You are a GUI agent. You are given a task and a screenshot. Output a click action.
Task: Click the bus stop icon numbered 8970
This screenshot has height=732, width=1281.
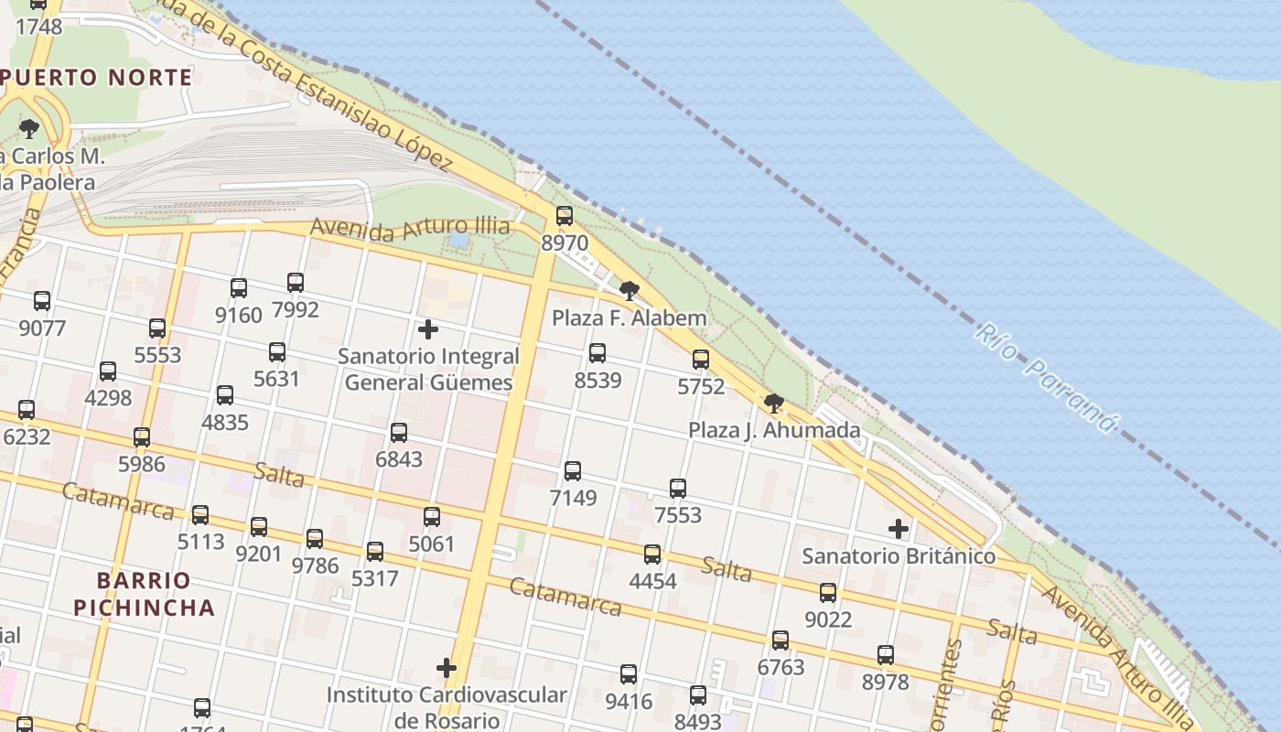pyautogui.click(x=565, y=216)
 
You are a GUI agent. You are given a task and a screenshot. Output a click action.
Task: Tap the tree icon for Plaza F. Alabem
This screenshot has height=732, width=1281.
pyautogui.click(x=629, y=291)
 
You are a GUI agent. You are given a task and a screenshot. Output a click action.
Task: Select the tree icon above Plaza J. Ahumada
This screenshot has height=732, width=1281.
pyautogui.click(x=774, y=403)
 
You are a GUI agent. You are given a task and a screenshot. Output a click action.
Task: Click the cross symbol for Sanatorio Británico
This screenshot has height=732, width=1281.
pyautogui.click(x=899, y=529)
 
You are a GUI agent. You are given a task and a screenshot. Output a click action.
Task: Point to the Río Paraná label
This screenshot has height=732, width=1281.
pyautogui.click(x=1046, y=376)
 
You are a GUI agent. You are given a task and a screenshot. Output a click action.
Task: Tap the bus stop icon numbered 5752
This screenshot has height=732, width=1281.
pyautogui.click(x=701, y=360)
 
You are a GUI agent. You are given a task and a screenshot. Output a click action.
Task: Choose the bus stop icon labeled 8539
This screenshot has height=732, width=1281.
pyautogui.click(x=597, y=352)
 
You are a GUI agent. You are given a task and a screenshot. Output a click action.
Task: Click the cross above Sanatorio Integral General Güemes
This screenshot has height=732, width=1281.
pyautogui.click(x=427, y=329)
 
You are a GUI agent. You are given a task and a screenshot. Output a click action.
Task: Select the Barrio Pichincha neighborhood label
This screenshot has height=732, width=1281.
pyautogui.click(x=144, y=594)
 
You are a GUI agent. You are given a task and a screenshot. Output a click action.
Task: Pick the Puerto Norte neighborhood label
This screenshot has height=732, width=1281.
pyautogui.click(x=99, y=78)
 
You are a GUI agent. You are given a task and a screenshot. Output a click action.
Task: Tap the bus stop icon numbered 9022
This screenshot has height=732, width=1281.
pyautogui.click(x=828, y=593)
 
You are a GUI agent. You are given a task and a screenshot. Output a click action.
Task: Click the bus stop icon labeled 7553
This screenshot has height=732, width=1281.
pyautogui.click(x=678, y=489)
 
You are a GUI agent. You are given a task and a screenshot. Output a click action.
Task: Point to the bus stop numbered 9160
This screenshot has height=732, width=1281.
pyautogui.click(x=239, y=288)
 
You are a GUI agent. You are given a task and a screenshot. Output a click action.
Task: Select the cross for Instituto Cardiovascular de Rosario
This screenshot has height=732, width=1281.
pyautogui.click(x=447, y=668)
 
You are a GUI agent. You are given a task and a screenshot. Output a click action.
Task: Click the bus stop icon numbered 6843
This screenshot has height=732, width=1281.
pyautogui.click(x=399, y=433)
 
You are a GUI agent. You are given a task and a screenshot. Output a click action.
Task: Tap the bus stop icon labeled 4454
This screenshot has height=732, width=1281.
pyautogui.click(x=652, y=554)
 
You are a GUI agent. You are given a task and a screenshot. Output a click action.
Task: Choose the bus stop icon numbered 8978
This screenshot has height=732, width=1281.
pyautogui.click(x=886, y=655)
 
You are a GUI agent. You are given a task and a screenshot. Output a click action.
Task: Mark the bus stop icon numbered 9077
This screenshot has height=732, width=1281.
pyautogui.click(x=42, y=301)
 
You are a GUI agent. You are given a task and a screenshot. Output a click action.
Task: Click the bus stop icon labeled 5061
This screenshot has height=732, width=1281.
pyautogui.click(x=432, y=517)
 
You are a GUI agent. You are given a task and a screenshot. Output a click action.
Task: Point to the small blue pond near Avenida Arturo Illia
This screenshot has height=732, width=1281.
pyautogui.click(x=458, y=240)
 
